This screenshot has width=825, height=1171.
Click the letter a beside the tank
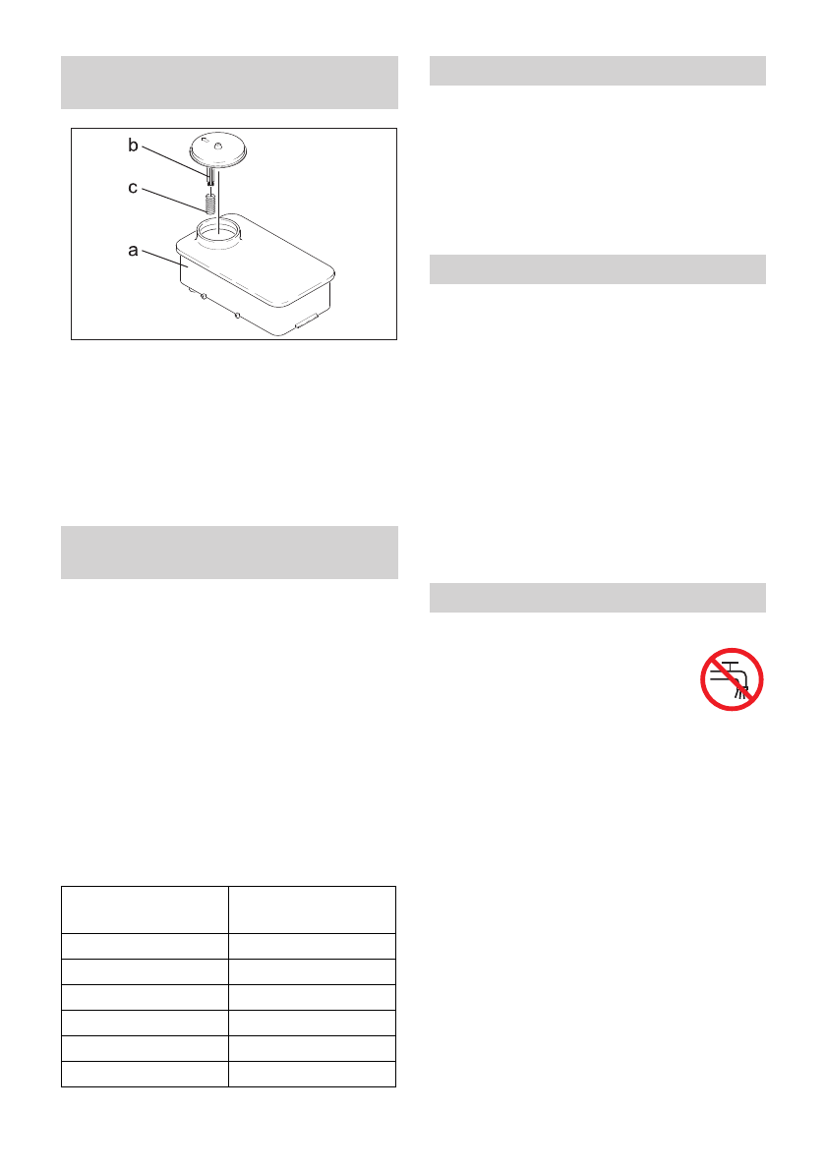[x=132, y=251]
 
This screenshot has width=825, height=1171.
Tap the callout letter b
[x=134, y=146]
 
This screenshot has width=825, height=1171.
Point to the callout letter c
[x=133, y=187]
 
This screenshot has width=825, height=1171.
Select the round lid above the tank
[x=221, y=148]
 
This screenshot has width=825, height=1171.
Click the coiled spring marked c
[x=209, y=204]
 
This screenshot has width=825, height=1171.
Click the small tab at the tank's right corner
[x=305, y=319]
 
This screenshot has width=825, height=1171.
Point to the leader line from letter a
[x=159, y=258]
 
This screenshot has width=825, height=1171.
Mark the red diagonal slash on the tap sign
[x=733, y=678]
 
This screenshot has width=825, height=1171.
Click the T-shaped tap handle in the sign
[x=723, y=666]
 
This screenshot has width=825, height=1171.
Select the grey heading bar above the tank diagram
[x=229, y=83]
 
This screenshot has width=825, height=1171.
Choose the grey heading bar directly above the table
[x=229, y=553]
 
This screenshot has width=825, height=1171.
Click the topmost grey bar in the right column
[x=598, y=72]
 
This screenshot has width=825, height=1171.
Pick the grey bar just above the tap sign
[x=598, y=598]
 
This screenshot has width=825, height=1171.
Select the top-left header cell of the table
[x=145, y=909]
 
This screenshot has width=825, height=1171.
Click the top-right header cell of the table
[x=312, y=909]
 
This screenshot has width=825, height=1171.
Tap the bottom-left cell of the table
[x=145, y=1074]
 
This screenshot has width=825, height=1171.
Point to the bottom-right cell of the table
[x=312, y=1074]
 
